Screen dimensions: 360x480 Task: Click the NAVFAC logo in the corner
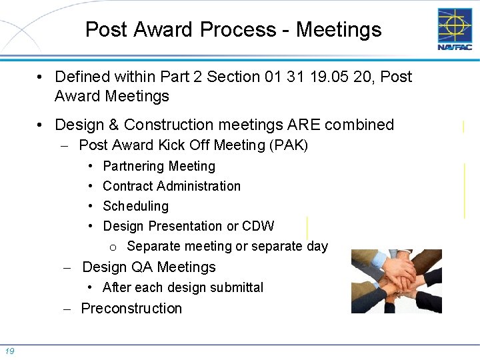coord(454,29)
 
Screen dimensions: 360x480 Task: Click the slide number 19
coord(10,351)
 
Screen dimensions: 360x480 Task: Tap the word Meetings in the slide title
coord(339,30)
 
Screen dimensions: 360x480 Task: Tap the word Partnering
coord(133,166)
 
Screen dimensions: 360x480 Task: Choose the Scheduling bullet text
coord(135,206)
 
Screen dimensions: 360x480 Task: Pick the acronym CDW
coord(258,226)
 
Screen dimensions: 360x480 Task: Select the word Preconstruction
coord(131,308)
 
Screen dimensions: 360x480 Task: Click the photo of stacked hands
coord(396,281)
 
